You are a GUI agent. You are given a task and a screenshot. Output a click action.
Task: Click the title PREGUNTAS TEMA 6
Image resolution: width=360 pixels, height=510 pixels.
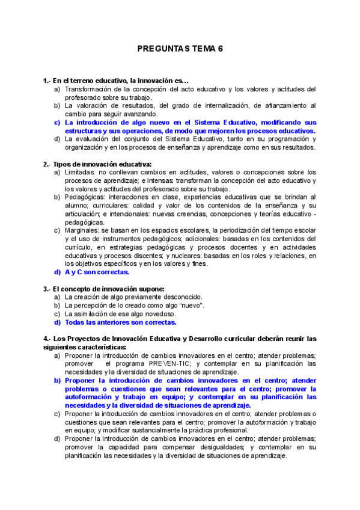pos(180,49)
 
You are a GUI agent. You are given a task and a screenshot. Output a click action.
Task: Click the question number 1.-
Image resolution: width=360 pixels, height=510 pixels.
pos(47,81)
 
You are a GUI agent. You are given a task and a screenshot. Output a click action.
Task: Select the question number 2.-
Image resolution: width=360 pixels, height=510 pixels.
pos(47,164)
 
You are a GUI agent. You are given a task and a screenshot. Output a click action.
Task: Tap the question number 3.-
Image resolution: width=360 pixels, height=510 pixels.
pos(47,288)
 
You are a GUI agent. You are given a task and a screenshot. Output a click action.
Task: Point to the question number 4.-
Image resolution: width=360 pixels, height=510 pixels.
pos(47,339)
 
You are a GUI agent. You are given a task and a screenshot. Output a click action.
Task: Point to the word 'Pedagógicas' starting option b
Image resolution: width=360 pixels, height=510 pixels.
pos(85,197)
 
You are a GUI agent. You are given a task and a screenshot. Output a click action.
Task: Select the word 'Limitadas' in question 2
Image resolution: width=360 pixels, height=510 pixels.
pos(81,173)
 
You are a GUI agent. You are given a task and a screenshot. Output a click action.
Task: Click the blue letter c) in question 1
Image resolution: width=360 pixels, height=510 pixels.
pos(57,122)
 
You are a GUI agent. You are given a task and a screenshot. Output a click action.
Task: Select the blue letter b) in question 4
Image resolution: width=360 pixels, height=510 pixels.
pos(57,381)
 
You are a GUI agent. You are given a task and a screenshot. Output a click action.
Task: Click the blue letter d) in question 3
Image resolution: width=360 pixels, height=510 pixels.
pos(57,322)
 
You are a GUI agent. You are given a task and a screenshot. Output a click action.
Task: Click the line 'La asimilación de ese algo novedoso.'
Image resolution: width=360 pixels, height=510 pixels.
pos(120,313)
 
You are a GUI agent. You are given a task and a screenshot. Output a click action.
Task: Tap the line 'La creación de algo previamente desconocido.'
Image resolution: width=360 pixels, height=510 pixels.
pos(133,296)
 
